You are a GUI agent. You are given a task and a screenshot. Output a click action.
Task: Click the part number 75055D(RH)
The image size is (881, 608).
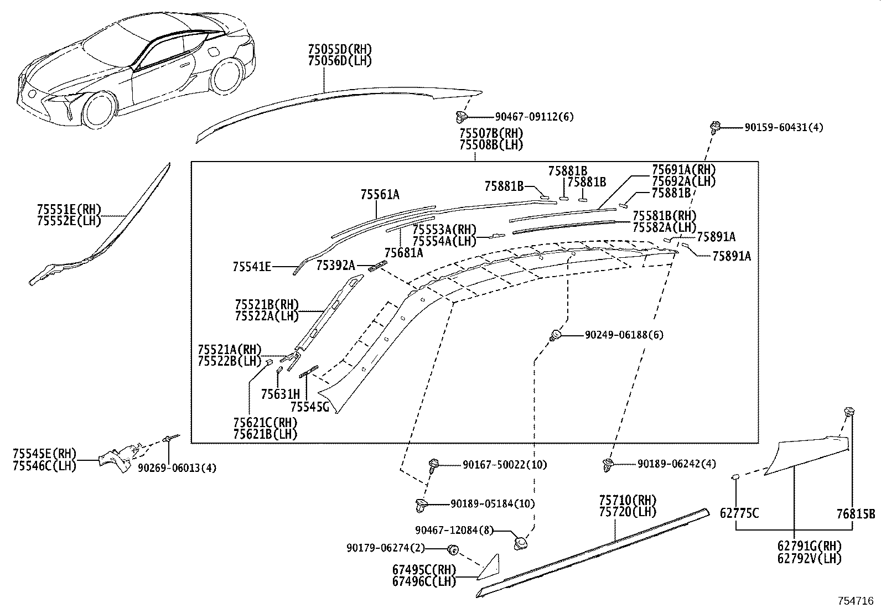(x=340, y=49)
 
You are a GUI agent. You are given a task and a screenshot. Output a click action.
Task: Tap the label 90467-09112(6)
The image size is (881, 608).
(x=534, y=117)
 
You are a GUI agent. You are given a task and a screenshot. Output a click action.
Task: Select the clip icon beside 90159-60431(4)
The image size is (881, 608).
(x=714, y=127)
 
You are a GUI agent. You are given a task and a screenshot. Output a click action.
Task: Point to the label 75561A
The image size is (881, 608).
(x=380, y=194)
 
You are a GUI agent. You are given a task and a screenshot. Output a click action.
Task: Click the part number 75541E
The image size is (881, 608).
(x=252, y=267)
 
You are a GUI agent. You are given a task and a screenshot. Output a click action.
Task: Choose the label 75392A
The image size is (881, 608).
(x=335, y=266)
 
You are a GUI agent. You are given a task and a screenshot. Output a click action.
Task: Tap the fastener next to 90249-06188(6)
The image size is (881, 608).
(x=555, y=335)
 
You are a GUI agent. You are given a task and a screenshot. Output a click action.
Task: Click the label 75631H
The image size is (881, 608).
(x=281, y=394)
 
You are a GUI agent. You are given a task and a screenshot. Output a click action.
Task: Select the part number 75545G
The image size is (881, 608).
(x=309, y=407)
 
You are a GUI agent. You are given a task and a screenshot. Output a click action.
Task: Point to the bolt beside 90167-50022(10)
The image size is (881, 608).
(x=434, y=465)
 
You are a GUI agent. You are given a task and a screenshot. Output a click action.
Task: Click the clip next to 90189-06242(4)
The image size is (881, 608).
(x=608, y=465)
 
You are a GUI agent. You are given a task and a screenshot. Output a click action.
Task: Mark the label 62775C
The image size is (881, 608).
(x=739, y=513)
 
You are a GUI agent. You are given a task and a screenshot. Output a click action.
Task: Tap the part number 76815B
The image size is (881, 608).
(x=856, y=513)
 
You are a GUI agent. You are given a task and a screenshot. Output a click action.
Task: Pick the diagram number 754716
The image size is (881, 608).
(x=855, y=601)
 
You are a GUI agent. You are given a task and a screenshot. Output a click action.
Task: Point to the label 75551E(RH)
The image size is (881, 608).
(x=69, y=209)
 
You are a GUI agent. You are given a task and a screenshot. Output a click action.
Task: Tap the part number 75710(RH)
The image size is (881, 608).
(x=628, y=500)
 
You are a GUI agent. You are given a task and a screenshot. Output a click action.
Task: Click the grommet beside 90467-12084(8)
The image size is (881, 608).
(x=521, y=543)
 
